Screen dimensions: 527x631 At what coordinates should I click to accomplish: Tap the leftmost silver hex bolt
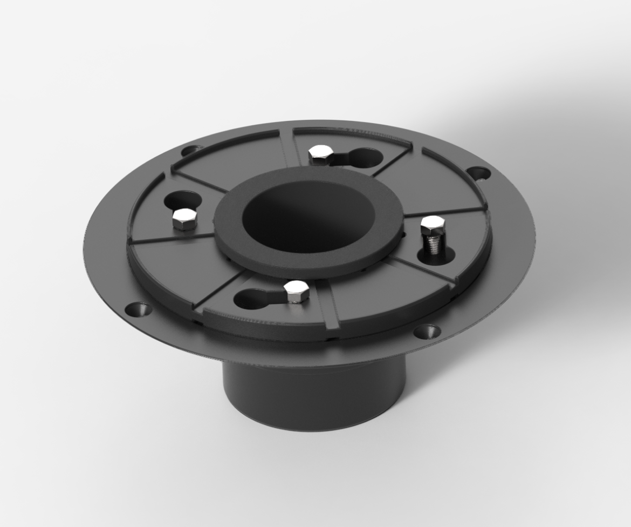click(x=184, y=219)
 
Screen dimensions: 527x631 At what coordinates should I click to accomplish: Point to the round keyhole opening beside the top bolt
click(x=367, y=158)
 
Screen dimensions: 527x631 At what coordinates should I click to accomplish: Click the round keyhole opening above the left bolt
click(x=183, y=200)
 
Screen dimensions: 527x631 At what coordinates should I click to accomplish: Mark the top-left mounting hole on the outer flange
click(x=191, y=150)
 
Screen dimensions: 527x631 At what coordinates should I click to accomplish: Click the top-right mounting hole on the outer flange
click(x=478, y=173)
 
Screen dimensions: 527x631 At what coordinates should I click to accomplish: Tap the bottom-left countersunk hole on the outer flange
click(x=138, y=309)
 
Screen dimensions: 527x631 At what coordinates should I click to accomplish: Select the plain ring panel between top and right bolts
click(x=431, y=184)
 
